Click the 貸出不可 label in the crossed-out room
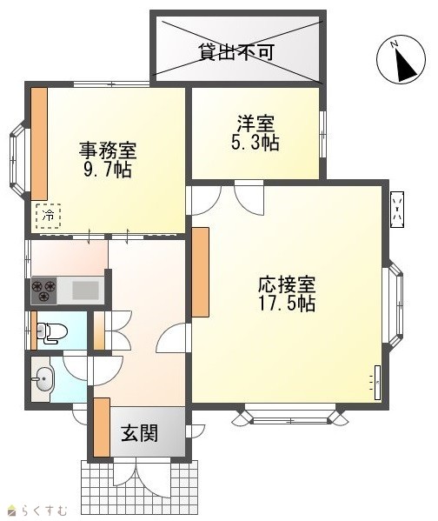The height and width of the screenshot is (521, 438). point(236,52)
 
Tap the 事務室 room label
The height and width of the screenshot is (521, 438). point(108,150)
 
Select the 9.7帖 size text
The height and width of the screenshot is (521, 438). point(107,170)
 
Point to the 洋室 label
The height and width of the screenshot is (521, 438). point(255,124)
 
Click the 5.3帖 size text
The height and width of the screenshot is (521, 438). point(255,143)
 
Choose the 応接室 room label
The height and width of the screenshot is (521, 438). point(287,284)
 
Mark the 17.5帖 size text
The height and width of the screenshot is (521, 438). point(287,303)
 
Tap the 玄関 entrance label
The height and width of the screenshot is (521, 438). point(139,433)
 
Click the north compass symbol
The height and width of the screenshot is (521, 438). point(401,59)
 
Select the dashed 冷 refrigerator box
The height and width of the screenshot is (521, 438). point(49,216)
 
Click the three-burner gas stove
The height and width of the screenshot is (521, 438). point(43,291)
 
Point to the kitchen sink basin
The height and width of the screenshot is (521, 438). point(86,291)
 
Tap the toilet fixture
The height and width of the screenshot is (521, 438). point(52,332)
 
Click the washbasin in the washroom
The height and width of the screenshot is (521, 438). point(44,378)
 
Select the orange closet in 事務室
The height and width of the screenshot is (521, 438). point(39,144)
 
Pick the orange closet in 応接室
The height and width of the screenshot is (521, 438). point(200,272)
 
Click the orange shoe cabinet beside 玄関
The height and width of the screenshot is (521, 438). point(102,427)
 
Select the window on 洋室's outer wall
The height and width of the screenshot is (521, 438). point(322,134)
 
